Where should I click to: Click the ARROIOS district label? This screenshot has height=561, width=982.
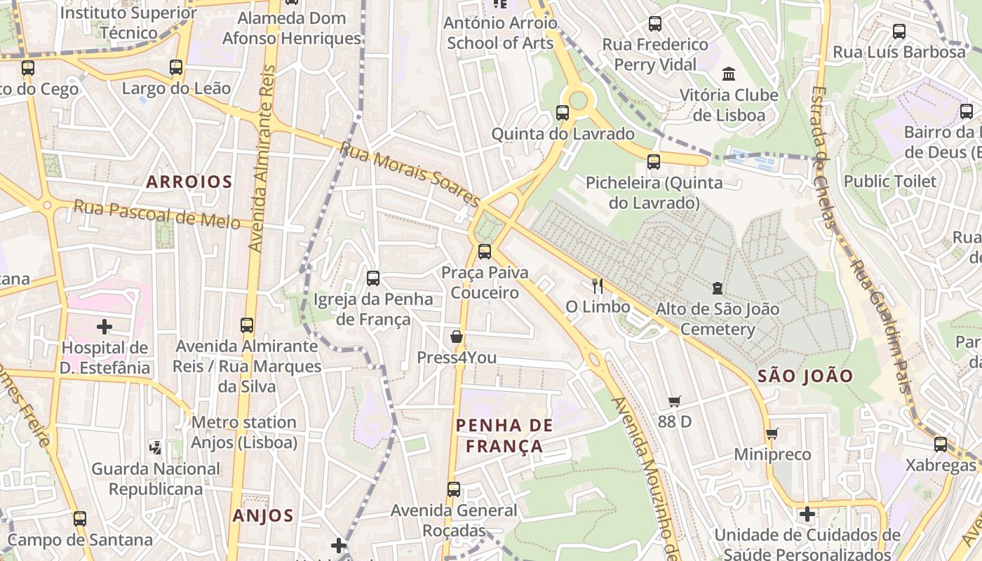tap(189, 182)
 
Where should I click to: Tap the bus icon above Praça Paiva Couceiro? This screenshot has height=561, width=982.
tap(484, 252)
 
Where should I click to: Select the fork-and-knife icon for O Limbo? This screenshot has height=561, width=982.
tap(598, 285)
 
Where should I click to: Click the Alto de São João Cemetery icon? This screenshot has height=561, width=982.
tap(717, 288)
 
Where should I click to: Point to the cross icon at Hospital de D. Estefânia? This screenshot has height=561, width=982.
tap(105, 327)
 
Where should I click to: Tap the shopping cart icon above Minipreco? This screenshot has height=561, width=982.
tap(772, 433)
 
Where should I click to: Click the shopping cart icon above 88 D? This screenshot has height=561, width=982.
tap(674, 401)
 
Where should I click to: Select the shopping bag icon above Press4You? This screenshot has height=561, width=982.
tap(457, 337)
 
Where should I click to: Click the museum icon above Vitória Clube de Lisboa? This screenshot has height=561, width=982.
tap(729, 74)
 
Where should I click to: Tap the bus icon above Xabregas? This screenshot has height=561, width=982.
tap(940, 444)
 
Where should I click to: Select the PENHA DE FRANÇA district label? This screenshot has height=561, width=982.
tap(504, 435)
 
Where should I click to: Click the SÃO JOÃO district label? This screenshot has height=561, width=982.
tap(805, 376)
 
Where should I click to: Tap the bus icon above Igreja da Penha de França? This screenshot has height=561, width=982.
tap(373, 278)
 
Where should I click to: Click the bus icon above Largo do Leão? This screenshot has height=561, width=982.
tap(176, 67)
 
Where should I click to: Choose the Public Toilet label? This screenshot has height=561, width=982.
tap(889, 182)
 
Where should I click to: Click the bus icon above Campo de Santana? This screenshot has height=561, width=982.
tap(80, 519)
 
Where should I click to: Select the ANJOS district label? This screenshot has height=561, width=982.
tap(263, 516)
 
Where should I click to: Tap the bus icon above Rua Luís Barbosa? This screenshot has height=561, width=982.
tap(899, 31)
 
